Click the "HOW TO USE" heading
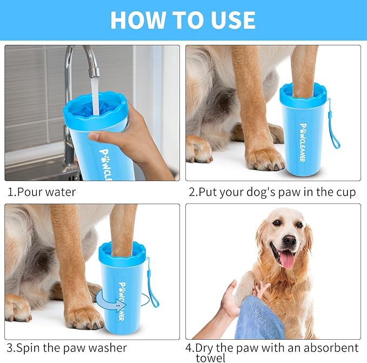(x=183, y=20)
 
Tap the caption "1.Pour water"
(x=42, y=192)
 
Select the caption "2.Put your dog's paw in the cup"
(x=272, y=192)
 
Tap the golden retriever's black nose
(x=289, y=240)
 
